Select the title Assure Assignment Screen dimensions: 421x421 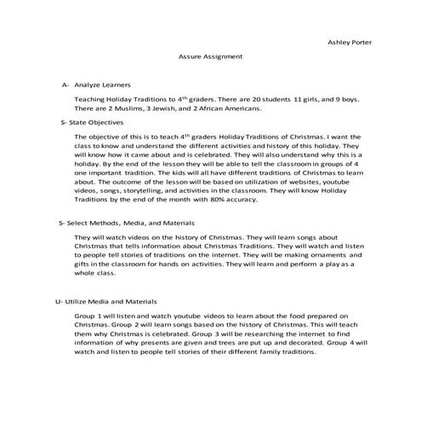pos(210,56)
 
